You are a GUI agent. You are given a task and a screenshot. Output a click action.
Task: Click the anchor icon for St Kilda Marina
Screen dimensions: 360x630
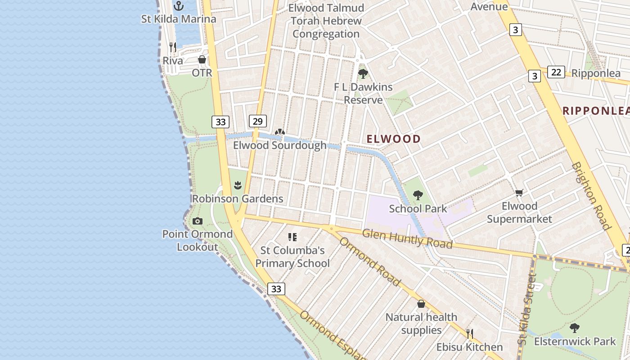coord(179,6)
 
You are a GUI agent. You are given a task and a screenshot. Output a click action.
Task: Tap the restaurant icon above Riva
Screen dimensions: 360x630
coord(172,47)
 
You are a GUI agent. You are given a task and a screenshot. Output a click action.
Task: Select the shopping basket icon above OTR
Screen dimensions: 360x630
coord(202,59)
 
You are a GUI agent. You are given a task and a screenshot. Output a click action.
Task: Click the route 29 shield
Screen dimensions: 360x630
coord(257,121)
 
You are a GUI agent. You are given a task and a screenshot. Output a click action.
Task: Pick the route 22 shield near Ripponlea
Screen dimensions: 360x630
coord(556,72)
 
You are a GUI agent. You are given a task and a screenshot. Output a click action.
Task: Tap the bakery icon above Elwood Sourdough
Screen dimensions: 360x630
coord(279,132)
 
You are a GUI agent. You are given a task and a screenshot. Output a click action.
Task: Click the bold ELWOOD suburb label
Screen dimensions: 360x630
coord(393,139)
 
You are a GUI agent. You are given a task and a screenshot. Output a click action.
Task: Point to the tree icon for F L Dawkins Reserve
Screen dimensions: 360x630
coord(363,74)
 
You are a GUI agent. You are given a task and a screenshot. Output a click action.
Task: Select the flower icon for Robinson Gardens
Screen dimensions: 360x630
coord(238,185)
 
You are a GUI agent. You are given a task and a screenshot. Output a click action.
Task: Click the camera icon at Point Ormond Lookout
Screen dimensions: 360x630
coord(197,221)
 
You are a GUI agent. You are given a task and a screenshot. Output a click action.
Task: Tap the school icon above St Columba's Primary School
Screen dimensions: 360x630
coord(292,237)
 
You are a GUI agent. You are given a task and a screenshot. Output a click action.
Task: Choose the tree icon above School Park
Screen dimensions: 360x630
coord(418,195)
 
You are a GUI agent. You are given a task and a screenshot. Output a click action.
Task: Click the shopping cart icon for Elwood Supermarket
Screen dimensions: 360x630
coord(519,193)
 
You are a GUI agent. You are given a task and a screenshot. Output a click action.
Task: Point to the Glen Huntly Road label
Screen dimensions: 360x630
coord(407,238)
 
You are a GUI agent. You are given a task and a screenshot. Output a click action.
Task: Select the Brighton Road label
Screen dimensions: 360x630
coord(591,196)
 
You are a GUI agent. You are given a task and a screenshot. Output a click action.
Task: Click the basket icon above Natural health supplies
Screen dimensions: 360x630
coord(421,304)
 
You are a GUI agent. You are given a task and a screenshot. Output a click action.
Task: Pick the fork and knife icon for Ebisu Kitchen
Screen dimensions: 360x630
coord(469,334)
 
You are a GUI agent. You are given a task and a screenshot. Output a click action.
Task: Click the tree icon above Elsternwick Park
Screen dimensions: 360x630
coord(574,328)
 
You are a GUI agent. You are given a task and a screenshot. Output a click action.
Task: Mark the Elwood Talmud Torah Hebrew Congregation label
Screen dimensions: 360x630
coord(326,21)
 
